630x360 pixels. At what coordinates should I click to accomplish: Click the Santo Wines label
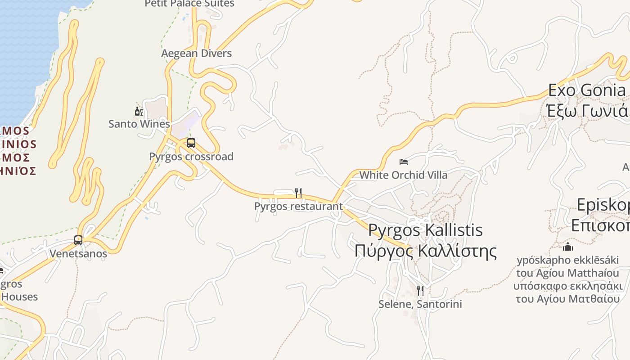(x=139, y=124)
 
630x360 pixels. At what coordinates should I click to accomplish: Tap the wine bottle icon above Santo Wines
(x=139, y=111)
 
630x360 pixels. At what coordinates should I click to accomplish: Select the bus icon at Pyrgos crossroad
(x=191, y=143)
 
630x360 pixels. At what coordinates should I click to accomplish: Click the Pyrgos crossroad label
(x=191, y=157)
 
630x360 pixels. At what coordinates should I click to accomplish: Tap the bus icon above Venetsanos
(x=78, y=240)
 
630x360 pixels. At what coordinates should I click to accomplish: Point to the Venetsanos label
(x=78, y=253)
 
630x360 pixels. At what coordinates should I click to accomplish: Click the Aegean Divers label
(x=197, y=53)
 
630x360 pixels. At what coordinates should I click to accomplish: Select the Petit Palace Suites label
(x=189, y=4)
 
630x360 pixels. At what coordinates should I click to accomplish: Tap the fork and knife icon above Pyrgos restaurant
(x=298, y=193)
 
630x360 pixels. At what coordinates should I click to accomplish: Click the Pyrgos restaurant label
(x=298, y=206)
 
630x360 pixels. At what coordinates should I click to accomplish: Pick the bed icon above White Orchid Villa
(x=404, y=162)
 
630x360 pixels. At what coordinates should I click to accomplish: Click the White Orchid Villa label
(x=403, y=175)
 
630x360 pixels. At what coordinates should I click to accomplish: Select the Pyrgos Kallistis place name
(x=425, y=230)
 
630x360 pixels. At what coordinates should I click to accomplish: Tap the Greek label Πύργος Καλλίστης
(x=425, y=251)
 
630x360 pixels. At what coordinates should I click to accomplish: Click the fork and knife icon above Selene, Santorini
(x=420, y=291)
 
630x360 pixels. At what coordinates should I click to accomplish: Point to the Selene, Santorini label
(x=420, y=304)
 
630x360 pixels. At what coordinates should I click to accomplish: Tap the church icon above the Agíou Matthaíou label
(x=568, y=247)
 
